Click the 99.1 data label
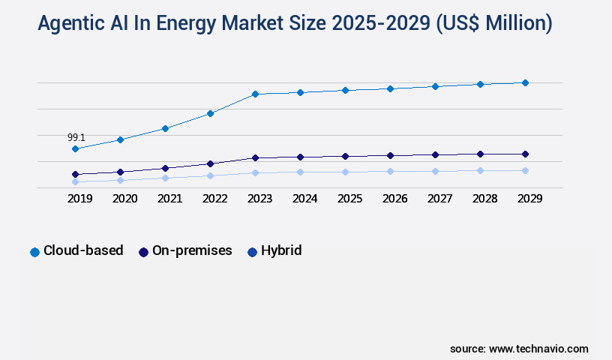coord(76,137)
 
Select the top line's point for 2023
coord(255,94)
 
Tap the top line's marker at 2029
coord(525,82)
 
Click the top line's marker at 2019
coord(75,148)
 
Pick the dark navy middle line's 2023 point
coord(255,157)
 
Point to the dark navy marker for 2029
coord(525,154)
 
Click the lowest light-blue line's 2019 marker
coord(75,181)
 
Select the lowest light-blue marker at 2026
coord(390,171)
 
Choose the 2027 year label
coord(435,199)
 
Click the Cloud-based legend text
coord(83,250)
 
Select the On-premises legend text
coord(192,250)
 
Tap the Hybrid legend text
coord(281,250)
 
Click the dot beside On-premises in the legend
coord(143,252)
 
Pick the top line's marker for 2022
coord(210,113)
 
